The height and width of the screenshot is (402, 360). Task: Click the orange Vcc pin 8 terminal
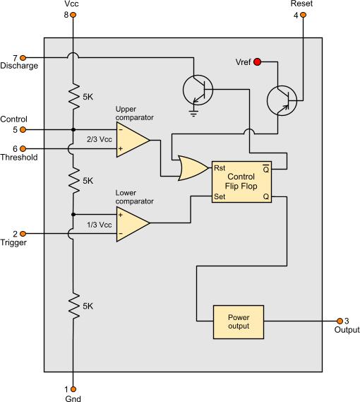pyautogui.click(x=73, y=15)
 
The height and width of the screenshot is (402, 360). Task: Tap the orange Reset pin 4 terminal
pyautogui.click(x=303, y=15)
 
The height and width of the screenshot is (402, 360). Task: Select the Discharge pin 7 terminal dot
pyautogui.click(x=23, y=58)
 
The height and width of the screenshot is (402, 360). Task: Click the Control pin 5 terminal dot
pyautogui.click(x=23, y=130)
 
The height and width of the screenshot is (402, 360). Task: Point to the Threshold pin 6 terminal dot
pyautogui.click(x=23, y=148)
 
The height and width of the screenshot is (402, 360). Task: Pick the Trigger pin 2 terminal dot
pyautogui.click(x=23, y=234)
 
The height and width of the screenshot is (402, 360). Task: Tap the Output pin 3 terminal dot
pyautogui.click(x=340, y=321)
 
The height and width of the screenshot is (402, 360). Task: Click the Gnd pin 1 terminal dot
pyautogui.click(x=73, y=389)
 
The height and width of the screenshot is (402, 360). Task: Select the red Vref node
pyautogui.click(x=257, y=61)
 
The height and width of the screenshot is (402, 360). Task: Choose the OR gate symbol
pyautogui.click(x=192, y=168)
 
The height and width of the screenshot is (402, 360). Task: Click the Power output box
pyautogui.click(x=239, y=322)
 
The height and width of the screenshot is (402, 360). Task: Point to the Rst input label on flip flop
pyautogui.click(x=220, y=168)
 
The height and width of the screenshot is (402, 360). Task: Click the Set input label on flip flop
pyautogui.click(x=220, y=196)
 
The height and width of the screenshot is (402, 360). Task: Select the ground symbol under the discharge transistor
pyautogui.click(x=193, y=113)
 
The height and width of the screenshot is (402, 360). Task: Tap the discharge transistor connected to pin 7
pyautogui.click(x=198, y=90)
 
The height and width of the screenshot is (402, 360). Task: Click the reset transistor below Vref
pyautogui.click(x=282, y=100)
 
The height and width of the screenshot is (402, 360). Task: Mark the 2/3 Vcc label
pyautogui.click(x=100, y=139)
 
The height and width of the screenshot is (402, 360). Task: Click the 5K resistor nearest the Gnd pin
pyautogui.click(x=73, y=306)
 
